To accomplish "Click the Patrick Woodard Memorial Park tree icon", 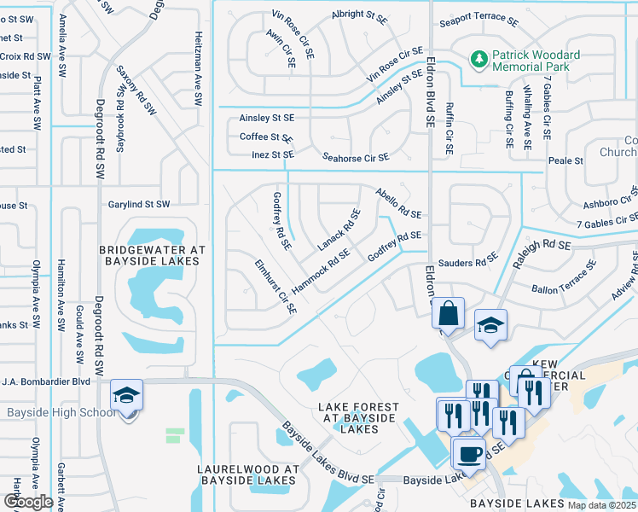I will [478, 60].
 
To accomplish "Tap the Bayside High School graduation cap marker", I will [127, 396].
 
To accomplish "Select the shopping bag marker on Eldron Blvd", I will [448, 313].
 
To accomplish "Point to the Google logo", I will [27, 502].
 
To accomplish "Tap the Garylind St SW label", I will [139, 205].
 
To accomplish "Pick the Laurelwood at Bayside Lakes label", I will [247, 475].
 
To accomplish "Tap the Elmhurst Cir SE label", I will [274, 287].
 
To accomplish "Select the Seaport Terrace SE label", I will [478, 20].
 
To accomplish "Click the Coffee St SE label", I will [266, 137].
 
